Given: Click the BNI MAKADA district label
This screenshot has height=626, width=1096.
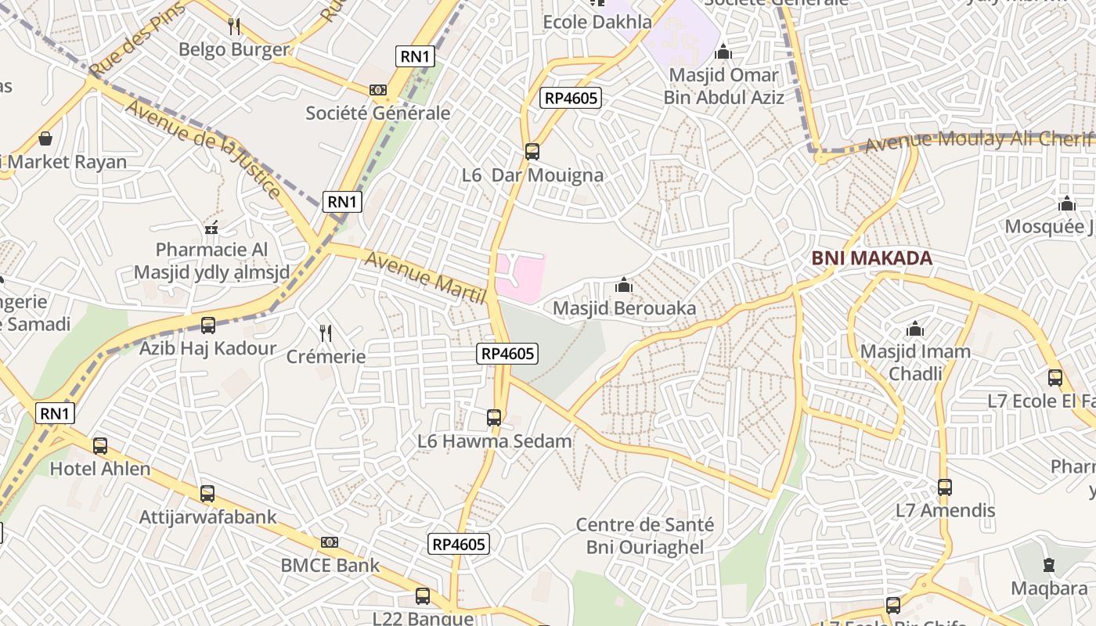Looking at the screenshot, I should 871,258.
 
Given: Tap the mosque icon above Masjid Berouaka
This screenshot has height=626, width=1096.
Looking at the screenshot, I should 624,285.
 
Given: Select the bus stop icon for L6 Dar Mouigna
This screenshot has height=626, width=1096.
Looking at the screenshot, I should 532,151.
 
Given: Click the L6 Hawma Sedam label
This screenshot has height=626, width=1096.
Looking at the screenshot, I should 494,441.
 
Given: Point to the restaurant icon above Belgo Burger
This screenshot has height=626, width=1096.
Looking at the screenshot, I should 234,27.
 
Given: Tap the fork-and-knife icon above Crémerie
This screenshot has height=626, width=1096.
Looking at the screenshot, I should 326,333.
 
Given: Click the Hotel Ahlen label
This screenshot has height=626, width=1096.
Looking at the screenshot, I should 100,469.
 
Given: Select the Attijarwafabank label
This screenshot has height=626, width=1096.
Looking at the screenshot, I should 207,517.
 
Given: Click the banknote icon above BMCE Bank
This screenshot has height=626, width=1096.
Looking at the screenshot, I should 330,542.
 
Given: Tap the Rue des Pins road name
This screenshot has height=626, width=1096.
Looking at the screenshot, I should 137,39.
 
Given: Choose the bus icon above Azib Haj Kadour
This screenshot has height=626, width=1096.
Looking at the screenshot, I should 208,325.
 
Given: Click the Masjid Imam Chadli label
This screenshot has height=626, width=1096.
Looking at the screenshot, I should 915,362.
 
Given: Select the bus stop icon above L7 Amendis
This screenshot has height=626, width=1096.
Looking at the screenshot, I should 945,487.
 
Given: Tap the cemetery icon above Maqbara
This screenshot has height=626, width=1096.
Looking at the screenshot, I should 1048,564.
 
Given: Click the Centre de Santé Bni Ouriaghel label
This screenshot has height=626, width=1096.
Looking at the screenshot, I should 645,535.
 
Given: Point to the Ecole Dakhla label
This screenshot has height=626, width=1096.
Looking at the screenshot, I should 597,22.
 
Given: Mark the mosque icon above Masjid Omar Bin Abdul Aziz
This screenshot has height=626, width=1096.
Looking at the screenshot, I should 723,52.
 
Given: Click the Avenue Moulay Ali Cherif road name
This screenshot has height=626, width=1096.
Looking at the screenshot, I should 979,140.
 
